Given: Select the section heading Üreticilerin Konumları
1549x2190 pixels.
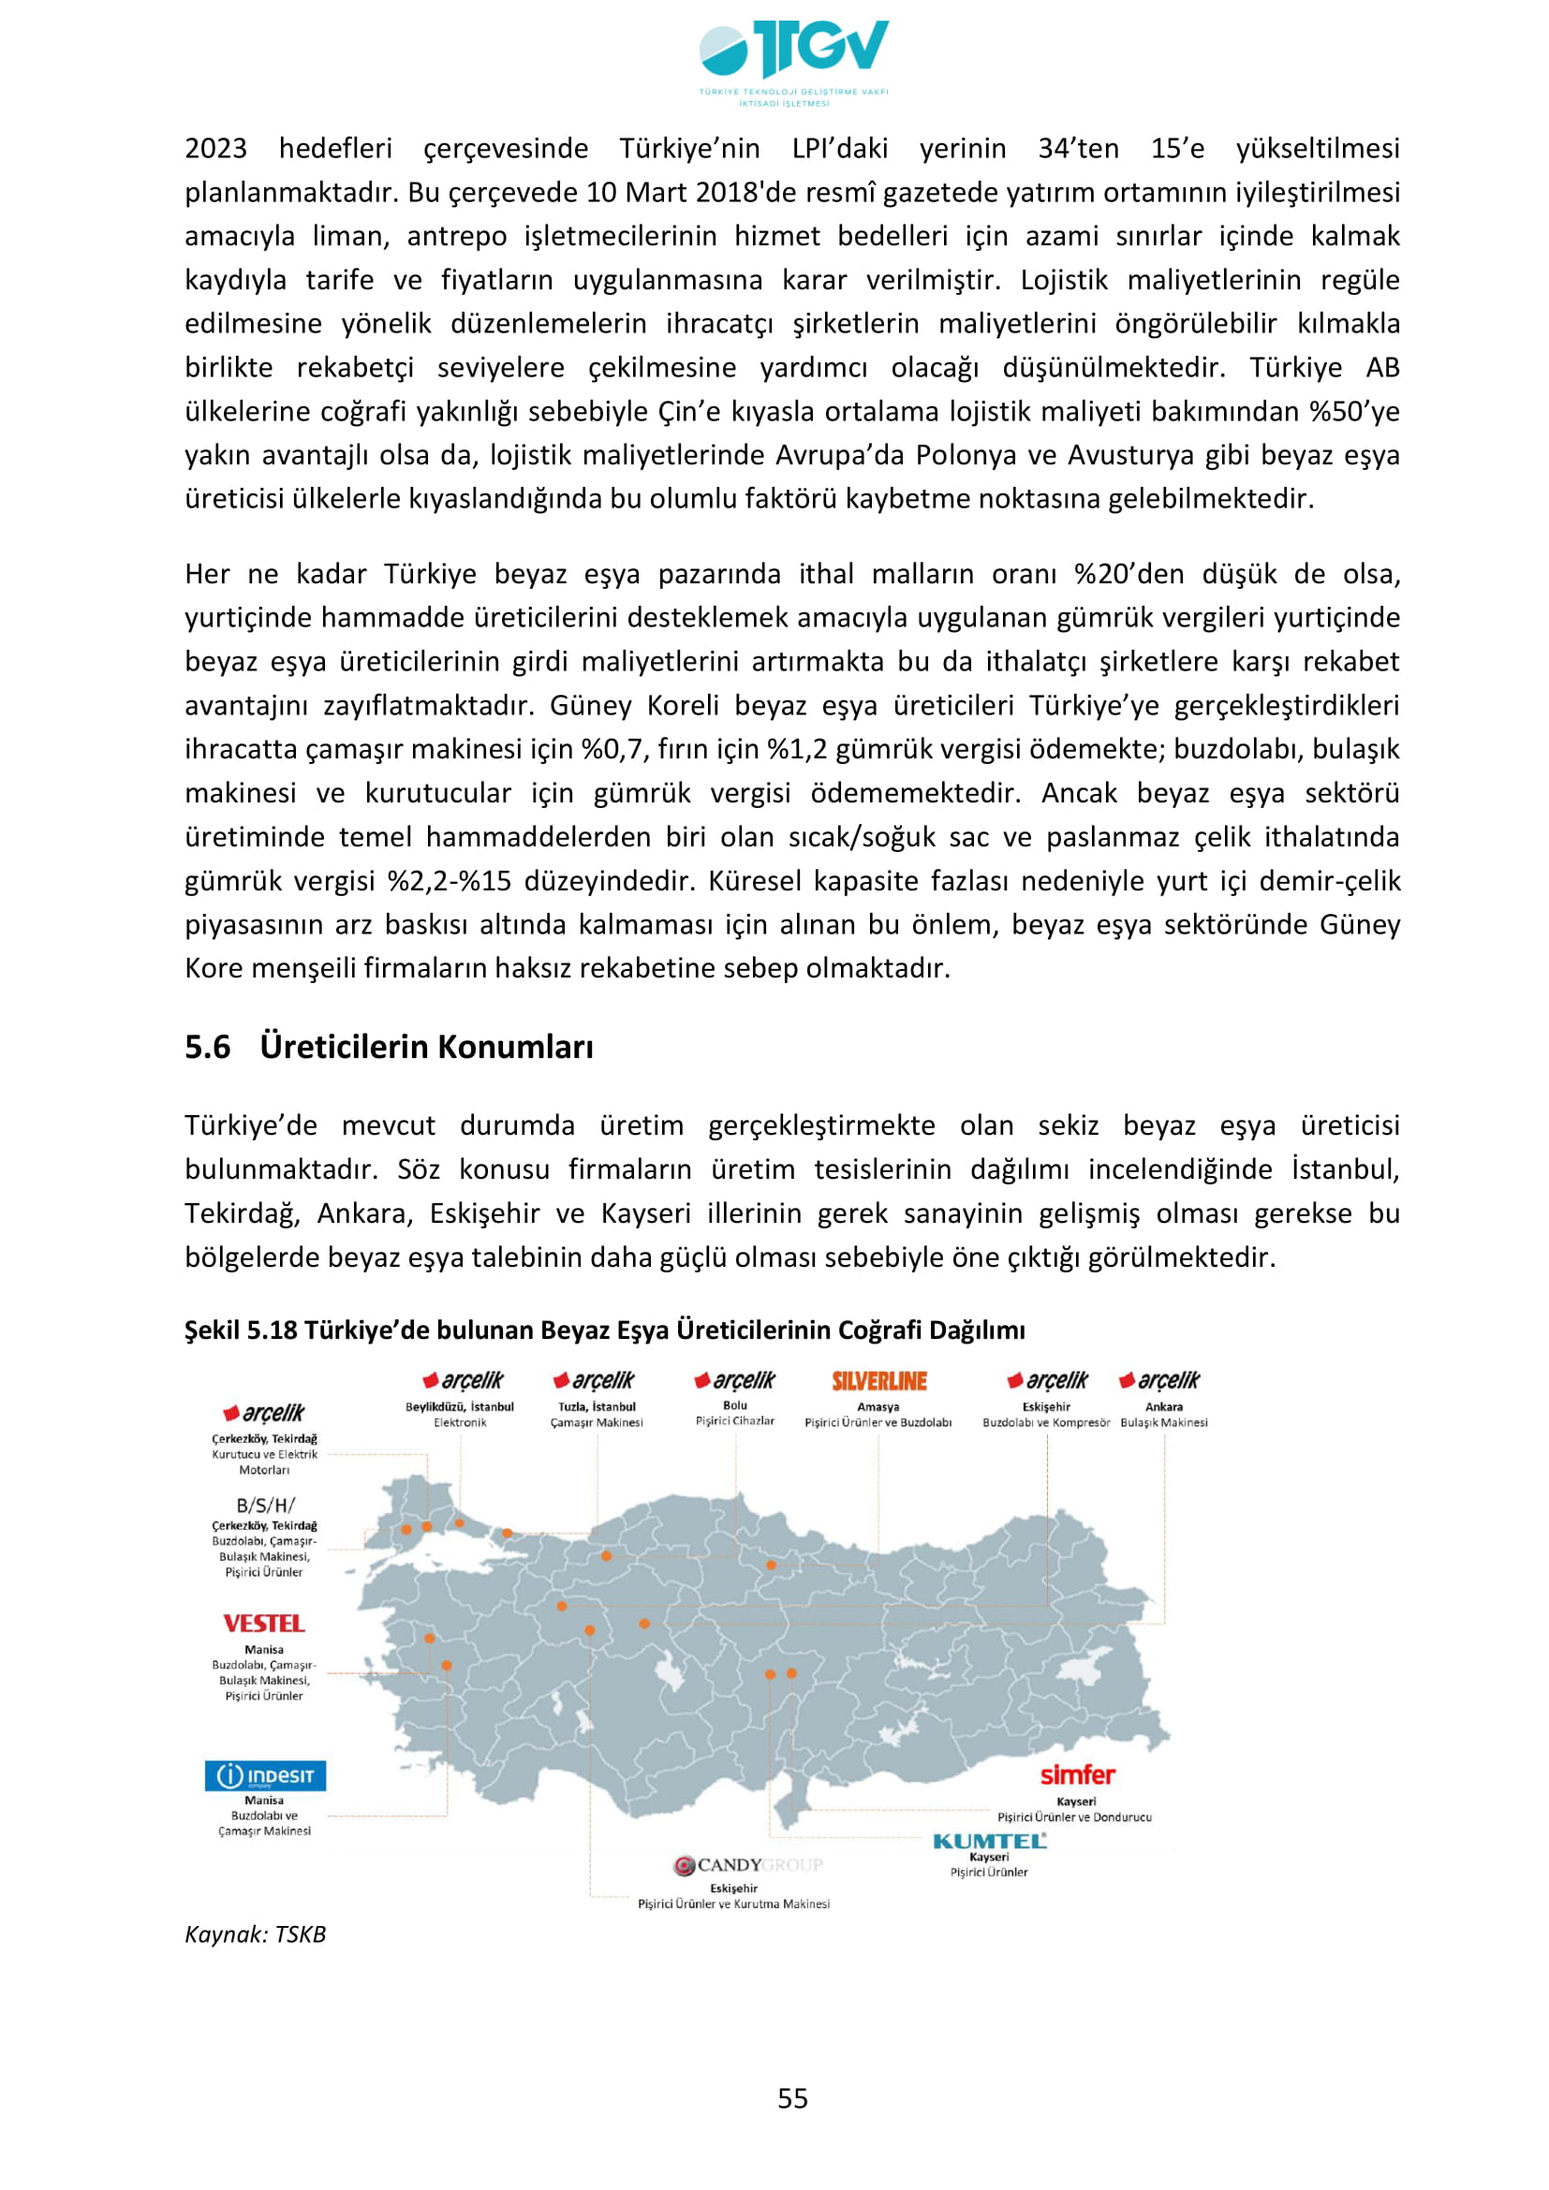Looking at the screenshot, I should tap(426, 1048).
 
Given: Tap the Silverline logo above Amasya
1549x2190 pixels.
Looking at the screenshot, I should tap(878, 1381).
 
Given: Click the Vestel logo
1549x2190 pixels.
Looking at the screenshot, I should tap(263, 1624).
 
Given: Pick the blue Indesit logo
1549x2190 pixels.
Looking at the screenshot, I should tap(265, 1775).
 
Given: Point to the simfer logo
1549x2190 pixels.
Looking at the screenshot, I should tap(1077, 1775).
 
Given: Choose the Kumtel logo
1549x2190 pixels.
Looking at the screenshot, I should tap(989, 1841).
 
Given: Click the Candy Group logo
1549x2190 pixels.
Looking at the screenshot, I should tap(746, 1865).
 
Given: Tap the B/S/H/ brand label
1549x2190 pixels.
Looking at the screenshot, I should tap(265, 1507).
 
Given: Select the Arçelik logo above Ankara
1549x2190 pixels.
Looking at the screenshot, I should tap(1159, 1380).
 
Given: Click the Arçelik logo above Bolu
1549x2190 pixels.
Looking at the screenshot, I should tap(734, 1380).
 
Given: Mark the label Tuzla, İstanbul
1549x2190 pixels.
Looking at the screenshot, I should tap(597, 1407).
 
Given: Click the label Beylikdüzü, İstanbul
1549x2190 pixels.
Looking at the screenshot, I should tap(459, 1407).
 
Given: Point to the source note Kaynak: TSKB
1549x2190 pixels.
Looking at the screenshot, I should tap(256, 1934).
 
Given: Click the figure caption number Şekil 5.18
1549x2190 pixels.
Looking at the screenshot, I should tap(242, 1330).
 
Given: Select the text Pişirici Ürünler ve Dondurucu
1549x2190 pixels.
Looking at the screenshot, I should tap(1074, 1817).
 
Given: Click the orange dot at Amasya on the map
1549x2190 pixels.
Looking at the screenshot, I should tap(771, 1565).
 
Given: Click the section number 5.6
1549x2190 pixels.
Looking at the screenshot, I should tap(207, 1048).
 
